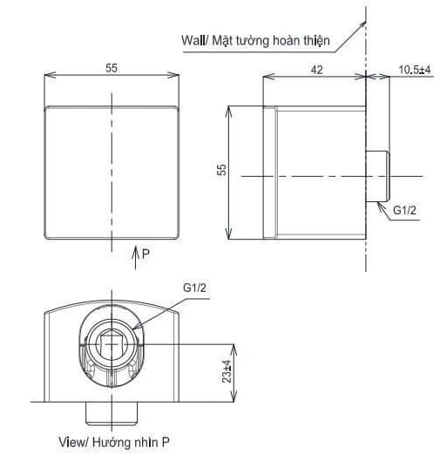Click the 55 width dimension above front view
112,68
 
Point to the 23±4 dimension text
227,372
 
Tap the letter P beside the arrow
146,254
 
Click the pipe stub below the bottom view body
112,410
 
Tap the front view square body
112,172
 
